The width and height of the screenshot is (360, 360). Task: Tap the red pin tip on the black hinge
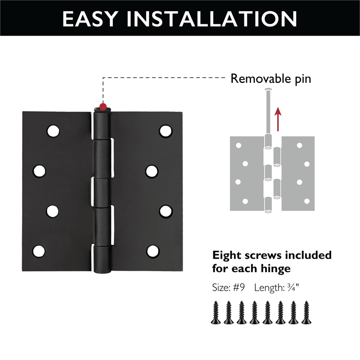coord(103,107)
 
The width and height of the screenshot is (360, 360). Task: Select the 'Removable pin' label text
coord(271,79)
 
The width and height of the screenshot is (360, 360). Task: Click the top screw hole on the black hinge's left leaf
coord(54,130)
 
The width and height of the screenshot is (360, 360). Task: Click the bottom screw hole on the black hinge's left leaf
coord(39,251)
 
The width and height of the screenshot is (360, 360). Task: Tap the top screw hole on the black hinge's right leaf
coord(166,130)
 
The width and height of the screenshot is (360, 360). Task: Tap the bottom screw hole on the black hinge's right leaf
coord(153,251)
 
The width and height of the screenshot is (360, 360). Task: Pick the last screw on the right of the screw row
coord(307,312)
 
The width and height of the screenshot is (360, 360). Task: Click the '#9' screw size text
coord(239,288)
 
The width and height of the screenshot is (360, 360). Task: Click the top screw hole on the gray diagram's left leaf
coord(239,145)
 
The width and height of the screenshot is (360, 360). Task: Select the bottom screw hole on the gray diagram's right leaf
coord(299,201)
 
